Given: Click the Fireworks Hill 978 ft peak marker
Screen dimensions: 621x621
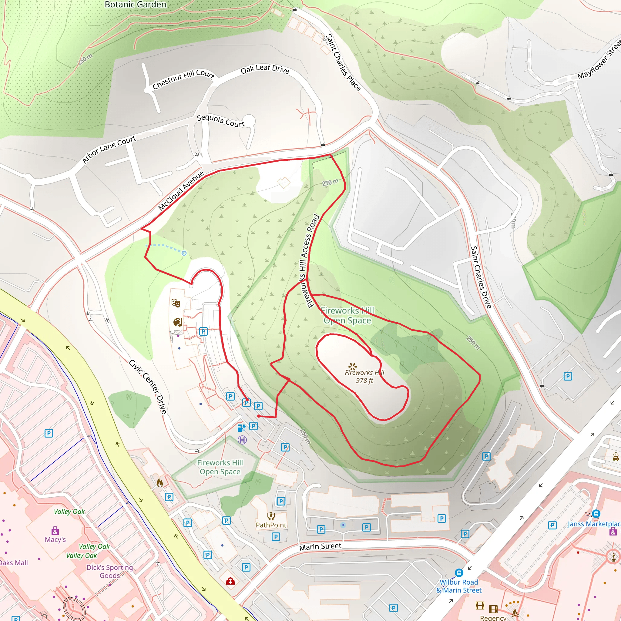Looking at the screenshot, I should tap(353, 366).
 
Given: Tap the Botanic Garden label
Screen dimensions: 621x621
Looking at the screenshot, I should tap(135, 5).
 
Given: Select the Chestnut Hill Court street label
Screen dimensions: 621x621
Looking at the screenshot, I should tap(183, 79).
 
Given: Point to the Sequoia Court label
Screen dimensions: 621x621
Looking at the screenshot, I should tap(220, 121).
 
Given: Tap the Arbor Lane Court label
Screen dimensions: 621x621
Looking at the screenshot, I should tap(109, 149).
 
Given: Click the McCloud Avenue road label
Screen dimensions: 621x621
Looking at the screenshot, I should tap(181, 191).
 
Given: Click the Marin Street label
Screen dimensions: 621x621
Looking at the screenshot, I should tap(320, 546).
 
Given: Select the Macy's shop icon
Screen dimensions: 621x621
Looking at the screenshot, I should tap(55, 530).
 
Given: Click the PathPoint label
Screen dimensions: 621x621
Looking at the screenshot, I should tap(271, 525).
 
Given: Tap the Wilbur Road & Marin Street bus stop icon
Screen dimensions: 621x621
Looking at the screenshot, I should tap(459, 572).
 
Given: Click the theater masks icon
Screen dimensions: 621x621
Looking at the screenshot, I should tap(176, 303).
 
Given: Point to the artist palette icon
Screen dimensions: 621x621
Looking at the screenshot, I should tap(177, 322).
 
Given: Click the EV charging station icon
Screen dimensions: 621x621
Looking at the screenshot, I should tap(241, 428).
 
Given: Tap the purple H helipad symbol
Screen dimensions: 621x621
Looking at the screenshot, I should tap(242, 440).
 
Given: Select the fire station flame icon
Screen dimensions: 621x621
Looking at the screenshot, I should tap(160, 482).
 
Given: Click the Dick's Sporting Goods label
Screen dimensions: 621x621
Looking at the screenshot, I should tap(109, 571).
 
